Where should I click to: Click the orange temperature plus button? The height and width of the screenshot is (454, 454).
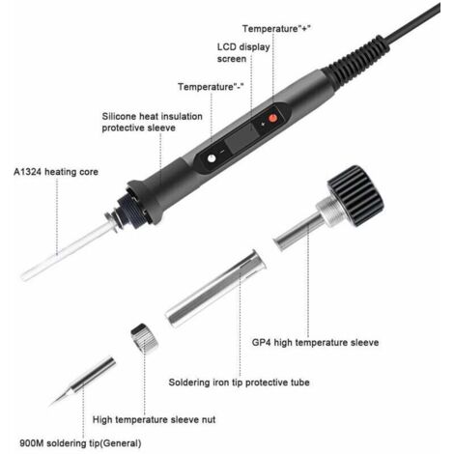[272, 119]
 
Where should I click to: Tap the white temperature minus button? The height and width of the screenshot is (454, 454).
[212, 158]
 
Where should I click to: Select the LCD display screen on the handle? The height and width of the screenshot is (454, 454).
[241, 138]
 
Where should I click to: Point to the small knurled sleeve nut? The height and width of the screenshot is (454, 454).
[145, 339]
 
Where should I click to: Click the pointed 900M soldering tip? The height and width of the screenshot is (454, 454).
[82, 381]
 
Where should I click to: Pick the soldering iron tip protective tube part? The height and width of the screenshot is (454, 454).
[215, 288]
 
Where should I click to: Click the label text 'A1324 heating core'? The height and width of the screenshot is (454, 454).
[56, 172]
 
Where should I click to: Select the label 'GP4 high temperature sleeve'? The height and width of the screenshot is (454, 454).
[315, 342]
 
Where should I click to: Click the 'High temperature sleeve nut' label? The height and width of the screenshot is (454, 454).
[154, 419]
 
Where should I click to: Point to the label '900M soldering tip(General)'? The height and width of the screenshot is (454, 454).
[80, 443]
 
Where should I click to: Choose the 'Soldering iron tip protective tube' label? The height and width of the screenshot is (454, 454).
[239, 383]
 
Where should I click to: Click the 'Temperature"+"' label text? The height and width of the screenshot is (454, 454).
[276, 29]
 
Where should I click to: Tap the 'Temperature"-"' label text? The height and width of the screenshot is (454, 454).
[211, 87]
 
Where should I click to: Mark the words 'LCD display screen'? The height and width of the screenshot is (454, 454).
[243, 53]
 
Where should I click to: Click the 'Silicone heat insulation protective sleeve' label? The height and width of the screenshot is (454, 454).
[152, 122]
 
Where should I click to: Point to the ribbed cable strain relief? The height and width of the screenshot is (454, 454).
[356, 61]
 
